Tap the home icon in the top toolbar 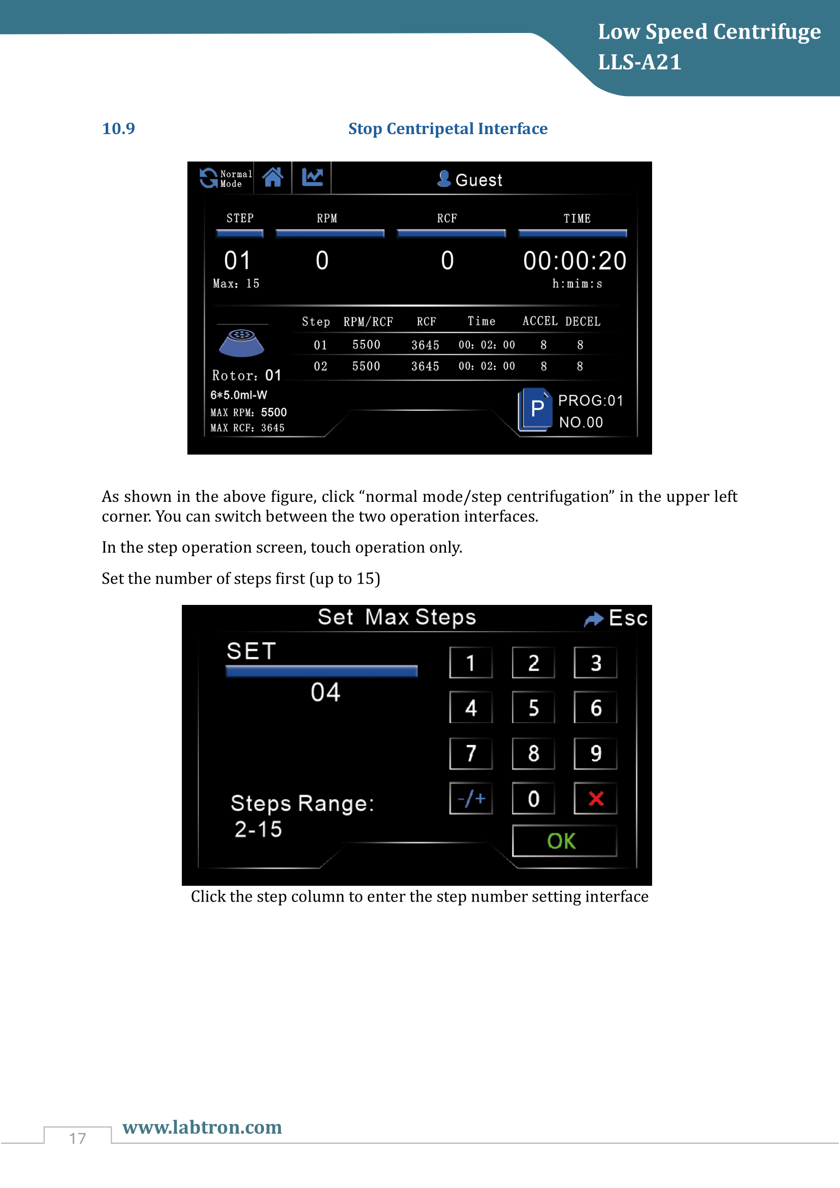[273, 177]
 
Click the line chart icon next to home [312, 177]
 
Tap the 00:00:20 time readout [574, 261]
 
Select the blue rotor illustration [241, 342]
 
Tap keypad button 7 [471, 753]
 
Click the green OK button [564, 841]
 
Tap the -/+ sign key [471, 798]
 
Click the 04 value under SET [326, 692]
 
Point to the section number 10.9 [118, 129]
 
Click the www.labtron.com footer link [202, 1127]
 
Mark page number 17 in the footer [78, 1138]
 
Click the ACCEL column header [539, 322]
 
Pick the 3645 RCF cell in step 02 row [425, 366]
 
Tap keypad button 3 [595, 663]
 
